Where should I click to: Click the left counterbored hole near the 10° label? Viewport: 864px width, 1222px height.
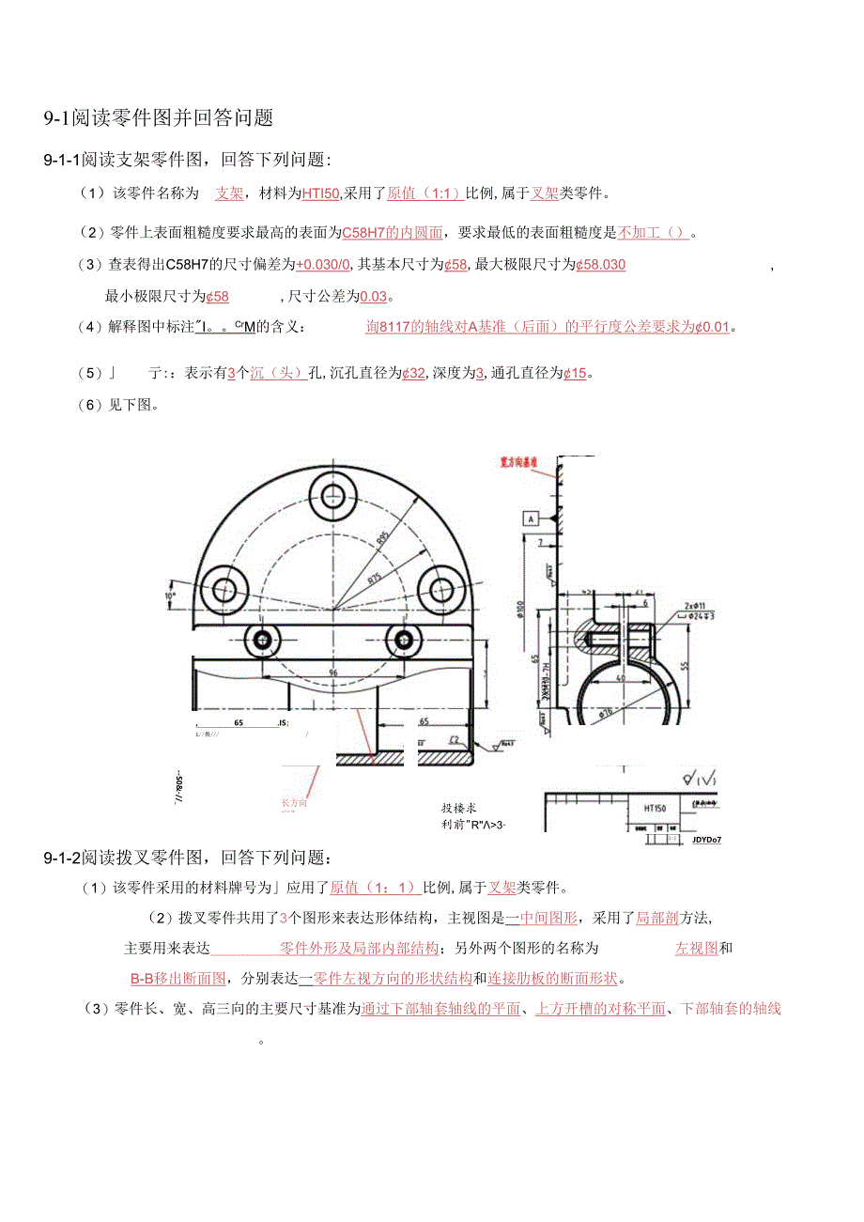click(x=224, y=589)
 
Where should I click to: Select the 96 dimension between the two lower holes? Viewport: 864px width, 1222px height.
click(x=332, y=673)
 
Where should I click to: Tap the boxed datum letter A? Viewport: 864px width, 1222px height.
click(x=531, y=518)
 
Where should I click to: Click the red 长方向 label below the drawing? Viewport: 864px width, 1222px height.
click(x=294, y=803)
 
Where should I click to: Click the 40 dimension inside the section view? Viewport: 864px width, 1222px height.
click(x=620, y=676)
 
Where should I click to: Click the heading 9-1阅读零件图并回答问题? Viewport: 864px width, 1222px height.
click(x=159, y=118)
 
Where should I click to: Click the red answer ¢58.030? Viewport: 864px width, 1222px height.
click(x=600, y=265)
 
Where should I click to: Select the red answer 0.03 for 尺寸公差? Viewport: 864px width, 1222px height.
click(x=374, y=297)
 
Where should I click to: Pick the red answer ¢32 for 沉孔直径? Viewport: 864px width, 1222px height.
click(x=413, y=373)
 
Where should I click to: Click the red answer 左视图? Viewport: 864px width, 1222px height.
click(x=697, y=949)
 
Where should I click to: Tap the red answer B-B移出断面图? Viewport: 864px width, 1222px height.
click(x=178, y=978)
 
